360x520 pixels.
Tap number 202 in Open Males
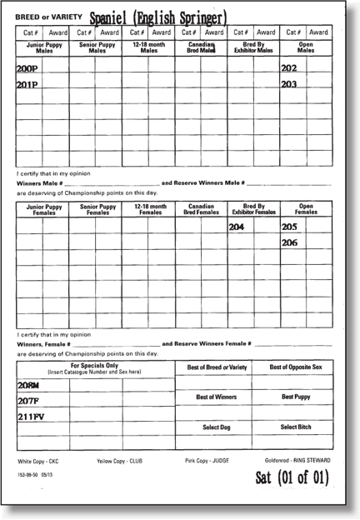(x=289, y=68)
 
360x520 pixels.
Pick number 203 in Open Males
(x=289, y=84)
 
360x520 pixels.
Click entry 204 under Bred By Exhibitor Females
(x=237, y=227)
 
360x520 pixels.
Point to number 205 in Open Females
(x=289, y=227)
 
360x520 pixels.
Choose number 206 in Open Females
(x=289, y=242)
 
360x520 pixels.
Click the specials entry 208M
(x=28, y=386)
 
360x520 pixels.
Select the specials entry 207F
(x=27, y=402)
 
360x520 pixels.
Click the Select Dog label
(x=212, y=427)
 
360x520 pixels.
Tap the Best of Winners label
(x=212, y=397)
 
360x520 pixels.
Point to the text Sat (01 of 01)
(x=292, y=477)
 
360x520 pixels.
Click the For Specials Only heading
(x=93, y=367)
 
